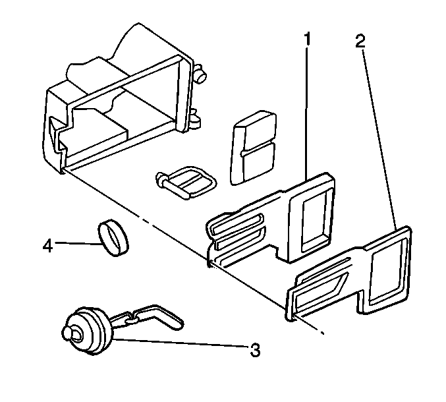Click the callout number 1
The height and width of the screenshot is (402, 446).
pos(307,39)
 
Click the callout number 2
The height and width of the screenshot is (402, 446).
pos(360,42)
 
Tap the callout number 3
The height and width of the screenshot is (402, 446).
pos(254,350)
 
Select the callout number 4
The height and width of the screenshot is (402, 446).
pos(47,246)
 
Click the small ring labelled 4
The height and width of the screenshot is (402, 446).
pos(113,236)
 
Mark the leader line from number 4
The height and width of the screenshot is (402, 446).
pos(76,244)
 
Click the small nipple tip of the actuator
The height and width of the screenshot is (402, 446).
pos(68,333)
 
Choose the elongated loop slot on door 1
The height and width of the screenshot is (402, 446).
pos(237,223)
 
